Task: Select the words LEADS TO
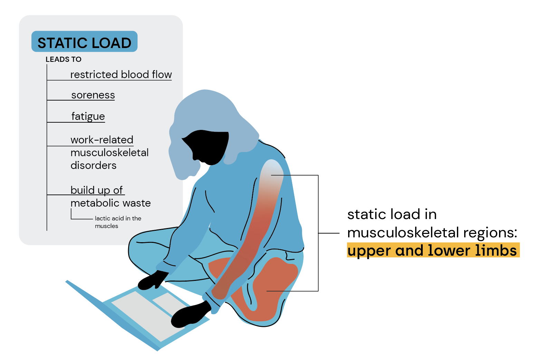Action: [x=64, y=59]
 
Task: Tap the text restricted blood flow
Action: [x=121, y=75]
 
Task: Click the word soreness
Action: [x=93, y=95]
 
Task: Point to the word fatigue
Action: [x=88, y=116]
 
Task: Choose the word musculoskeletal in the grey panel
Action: [x=109, y=153]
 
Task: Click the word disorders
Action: [x=93, y=165]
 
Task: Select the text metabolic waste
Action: [x=111, y=203]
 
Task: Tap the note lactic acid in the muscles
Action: [x=118, y=222]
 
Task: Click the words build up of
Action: [x=96, y=190]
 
